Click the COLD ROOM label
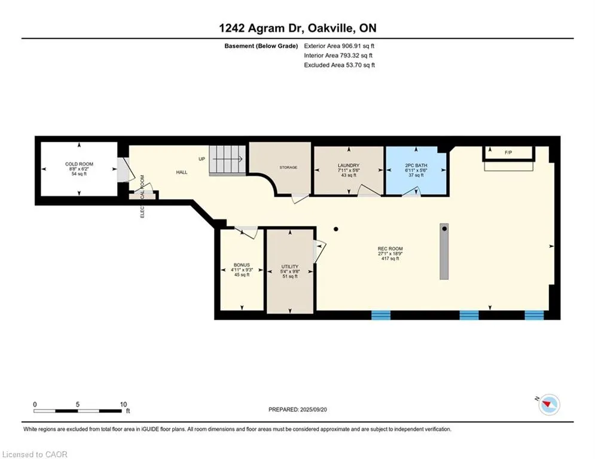(x=79, y=164)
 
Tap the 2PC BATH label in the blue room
(x=416, y=166)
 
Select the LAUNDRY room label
(x=349, y=166)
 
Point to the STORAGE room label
(x=288, y=167)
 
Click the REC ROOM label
(x=390, y=249)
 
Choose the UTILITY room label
(x=290, y=267)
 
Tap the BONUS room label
(x=242, y=265)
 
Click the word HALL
(x=182, y=172)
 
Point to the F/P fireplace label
(x=508, y=152)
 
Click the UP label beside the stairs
(x=202, y=159)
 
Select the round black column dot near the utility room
(x=336, y=229)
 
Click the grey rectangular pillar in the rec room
(x=444, y=252)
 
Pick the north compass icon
(x=549, y=405)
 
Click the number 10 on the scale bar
(x=123, y=405)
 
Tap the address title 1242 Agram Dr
(x=261, y=28)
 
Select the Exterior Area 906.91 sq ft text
(x=339, y=46)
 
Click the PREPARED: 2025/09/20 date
(x=298, y=409)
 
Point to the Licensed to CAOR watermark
(x=35, y=454)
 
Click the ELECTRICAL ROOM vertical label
(x=142, y=196)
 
